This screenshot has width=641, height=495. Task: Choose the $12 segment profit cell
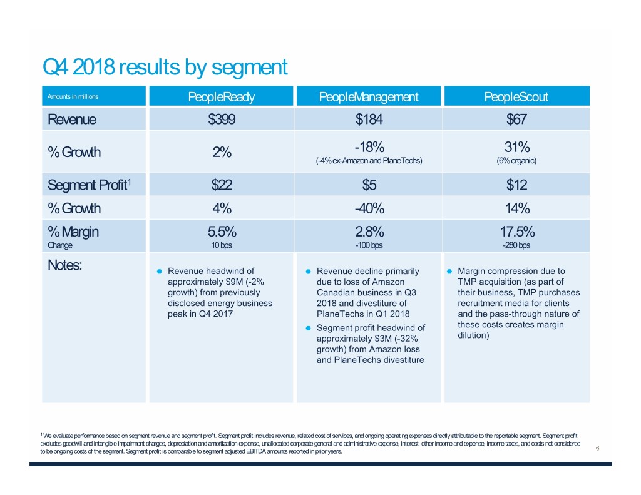[517, 185]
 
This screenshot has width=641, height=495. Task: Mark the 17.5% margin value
[517, 231]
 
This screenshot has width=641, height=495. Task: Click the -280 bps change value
[517, 245]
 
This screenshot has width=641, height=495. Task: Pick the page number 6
[598, 448]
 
